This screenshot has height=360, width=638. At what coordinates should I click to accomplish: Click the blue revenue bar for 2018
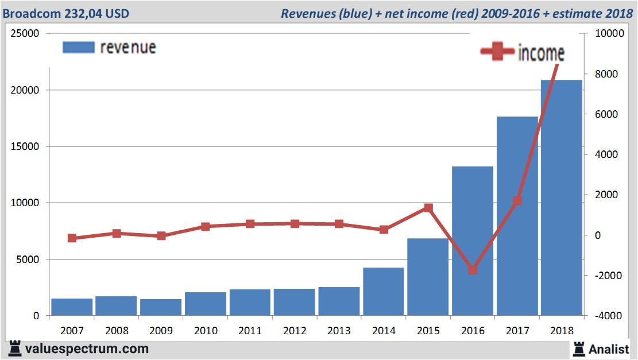(562, 198)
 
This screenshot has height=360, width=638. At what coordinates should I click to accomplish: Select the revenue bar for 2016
(473, 241)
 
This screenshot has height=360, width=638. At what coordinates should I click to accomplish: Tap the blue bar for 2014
(384, 292)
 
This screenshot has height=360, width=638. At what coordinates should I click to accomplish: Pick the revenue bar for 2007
(72, 307)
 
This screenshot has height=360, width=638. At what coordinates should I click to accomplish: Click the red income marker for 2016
(473, 269)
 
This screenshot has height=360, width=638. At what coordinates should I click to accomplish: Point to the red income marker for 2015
(428, 208)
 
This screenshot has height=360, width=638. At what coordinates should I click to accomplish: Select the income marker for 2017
(517, 201)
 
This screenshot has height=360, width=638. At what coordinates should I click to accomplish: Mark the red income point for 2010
(206, 226)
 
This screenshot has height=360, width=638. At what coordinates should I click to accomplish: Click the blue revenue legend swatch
(78, 47)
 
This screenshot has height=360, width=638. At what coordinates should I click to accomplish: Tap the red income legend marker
(497, 53)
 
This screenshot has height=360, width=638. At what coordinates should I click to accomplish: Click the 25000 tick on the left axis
(25, 33)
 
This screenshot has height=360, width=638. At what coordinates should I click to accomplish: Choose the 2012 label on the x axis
(295, 331)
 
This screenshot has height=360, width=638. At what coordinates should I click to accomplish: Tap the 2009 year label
(161, 331)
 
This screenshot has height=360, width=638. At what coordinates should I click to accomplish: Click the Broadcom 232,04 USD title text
(66, 13)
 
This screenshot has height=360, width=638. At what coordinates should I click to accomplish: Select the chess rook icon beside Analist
(578, 349)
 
